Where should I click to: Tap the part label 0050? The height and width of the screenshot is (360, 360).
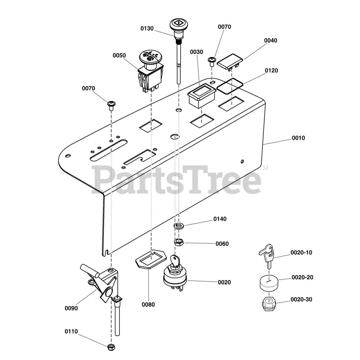119,55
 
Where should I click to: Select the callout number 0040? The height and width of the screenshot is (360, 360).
271,40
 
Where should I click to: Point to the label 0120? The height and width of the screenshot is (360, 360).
271,71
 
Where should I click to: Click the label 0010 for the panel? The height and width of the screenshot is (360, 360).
298,138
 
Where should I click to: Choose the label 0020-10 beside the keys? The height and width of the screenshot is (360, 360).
301,253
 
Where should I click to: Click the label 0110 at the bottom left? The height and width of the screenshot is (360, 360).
71,332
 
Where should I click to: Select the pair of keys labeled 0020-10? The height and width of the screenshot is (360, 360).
266,255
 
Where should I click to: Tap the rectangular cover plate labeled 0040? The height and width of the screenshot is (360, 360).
230,61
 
